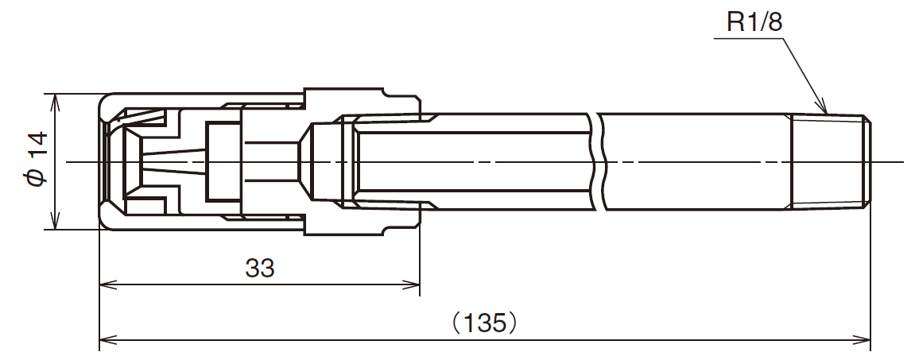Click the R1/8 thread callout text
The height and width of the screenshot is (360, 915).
[754, 22]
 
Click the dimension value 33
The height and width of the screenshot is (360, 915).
[260, 269]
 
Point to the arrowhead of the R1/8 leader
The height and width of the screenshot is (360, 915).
[824, 111]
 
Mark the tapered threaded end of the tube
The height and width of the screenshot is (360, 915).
[831, 163]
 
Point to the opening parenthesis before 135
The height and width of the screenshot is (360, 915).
[456, 323]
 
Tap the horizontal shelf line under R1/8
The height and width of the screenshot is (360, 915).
[747, 37]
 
